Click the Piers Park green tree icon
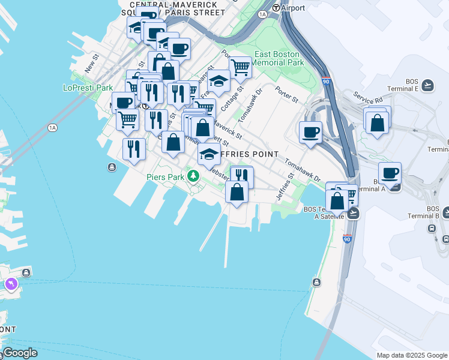point(193,176)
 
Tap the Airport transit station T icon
point(276,8)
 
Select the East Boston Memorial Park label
point(279,58)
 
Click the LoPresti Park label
point(88,88)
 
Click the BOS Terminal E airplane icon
point(427,85)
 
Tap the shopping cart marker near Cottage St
point(240,67)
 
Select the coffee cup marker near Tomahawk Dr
point(310,133)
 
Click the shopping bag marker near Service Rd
point(378,123)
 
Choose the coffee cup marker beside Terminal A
point(390,173)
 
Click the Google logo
point(20,353)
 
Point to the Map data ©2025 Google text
point(412,355)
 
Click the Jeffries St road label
point(285,187)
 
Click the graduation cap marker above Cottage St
point(218,80)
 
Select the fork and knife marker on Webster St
point(241,176)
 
